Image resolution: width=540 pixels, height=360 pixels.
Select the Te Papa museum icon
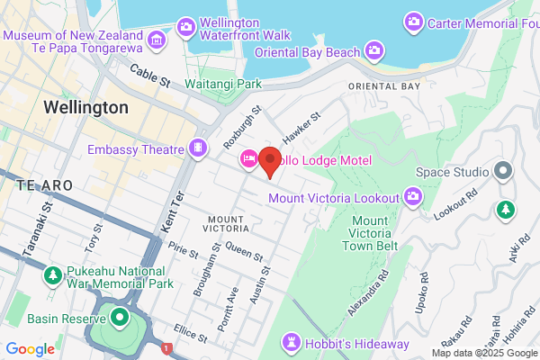[157, 38]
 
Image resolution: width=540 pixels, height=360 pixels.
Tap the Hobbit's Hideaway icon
[293, 342]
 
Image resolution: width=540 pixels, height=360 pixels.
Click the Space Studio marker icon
[503, 170]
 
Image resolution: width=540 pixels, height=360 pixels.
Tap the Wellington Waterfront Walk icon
[186, 26]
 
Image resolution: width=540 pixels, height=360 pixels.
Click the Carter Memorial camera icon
[414, 20]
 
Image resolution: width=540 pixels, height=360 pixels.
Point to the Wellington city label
[85, 107]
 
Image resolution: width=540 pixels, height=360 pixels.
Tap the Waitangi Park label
[222, 84]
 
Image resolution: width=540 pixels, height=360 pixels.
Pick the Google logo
[30, 349]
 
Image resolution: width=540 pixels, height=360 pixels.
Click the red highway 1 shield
[166, 348]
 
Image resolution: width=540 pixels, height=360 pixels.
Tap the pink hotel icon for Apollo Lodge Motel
[248, 159]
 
